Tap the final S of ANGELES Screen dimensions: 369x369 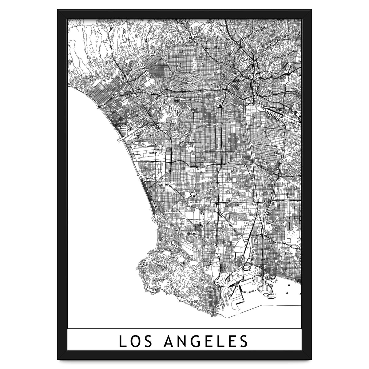click(x=243, y=341)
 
